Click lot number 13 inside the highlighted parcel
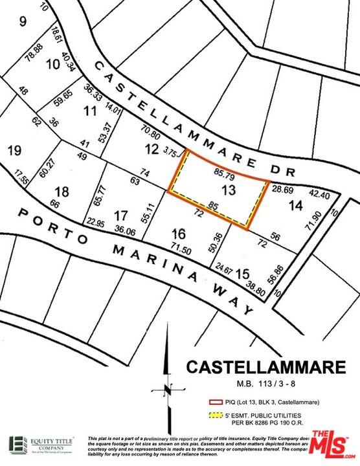click(x=228, y=190)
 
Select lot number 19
click(x=14, y=151)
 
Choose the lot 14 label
click(x=295, y=206)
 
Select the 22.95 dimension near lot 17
click(x=95, y=223)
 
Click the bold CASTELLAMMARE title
click(x=265, y=367)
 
